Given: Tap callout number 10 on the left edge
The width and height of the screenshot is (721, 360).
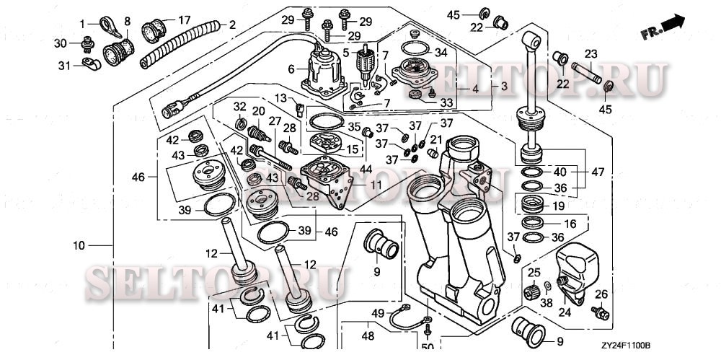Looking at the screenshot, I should coord(79,245).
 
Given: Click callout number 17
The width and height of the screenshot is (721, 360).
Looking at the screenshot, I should coord(185,19).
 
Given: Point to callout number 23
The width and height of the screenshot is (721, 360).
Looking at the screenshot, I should coord(590,53).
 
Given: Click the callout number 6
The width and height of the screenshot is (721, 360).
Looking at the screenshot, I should coord(292,69).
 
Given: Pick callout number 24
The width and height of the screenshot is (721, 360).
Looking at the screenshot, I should coord(565,313).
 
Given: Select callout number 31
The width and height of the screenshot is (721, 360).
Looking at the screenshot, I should coord(63,66).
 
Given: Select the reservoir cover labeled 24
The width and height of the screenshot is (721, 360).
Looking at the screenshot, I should coord(577,267).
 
